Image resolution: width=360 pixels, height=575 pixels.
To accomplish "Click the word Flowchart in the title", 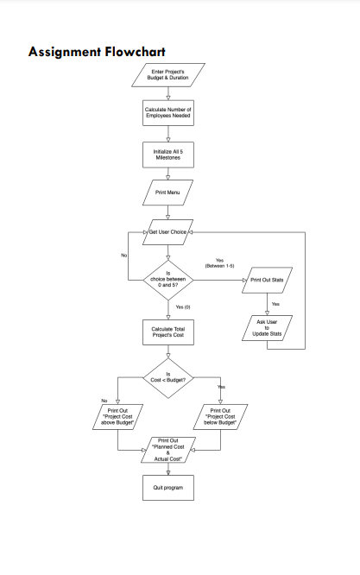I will pos(136,52).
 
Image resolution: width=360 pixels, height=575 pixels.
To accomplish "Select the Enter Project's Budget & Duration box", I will pos(168,74).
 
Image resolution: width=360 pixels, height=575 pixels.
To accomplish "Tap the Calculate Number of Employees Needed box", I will pos(168,112).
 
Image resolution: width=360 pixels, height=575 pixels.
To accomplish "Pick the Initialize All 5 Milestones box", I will pos(168,154).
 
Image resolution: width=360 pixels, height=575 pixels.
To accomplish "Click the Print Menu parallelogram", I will pos(168,192).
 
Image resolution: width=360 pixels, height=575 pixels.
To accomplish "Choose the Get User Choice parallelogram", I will pos(168,232).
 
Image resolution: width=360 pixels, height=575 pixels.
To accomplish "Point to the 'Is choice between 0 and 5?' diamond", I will pos(168,280).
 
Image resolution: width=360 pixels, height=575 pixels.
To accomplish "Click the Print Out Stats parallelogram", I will pos(268,280).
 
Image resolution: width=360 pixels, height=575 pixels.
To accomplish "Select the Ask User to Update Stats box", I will pos(268,328).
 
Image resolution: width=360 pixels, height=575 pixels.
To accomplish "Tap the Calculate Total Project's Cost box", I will pos(168,332).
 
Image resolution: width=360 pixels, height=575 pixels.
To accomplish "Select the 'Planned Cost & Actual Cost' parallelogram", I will pos(168,450).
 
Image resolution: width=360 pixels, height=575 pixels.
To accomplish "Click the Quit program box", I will pos(168,488).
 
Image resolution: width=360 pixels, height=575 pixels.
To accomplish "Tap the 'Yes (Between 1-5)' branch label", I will pos(219,263).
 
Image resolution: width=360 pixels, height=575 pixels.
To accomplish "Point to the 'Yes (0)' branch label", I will pos(183,307).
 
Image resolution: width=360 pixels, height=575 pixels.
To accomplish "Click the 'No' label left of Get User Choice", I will pos(123,256).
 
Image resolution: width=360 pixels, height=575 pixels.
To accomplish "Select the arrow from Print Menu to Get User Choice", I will pos(168,215).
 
